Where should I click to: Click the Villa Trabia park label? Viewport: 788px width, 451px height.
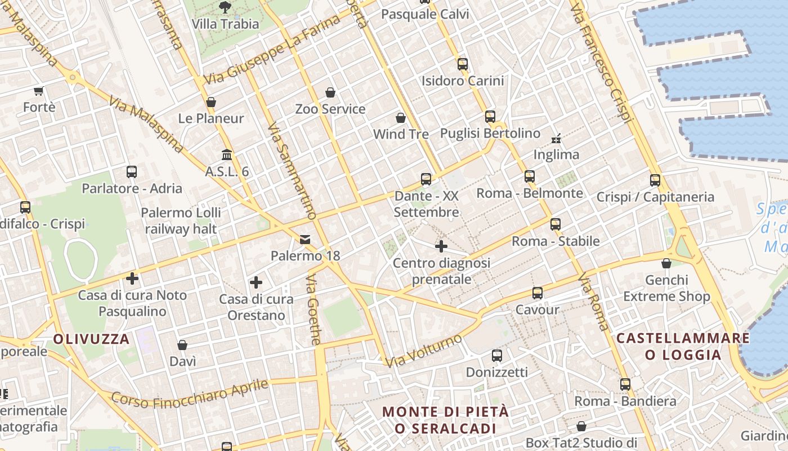(225, 24)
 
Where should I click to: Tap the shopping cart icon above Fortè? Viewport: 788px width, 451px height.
(38, 91)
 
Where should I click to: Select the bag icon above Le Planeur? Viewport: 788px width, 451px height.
(211, 102)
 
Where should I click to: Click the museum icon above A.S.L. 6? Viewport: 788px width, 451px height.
(227, 154)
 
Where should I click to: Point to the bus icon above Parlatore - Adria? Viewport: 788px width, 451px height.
(132, 171)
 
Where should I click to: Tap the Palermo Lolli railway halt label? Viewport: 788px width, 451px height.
(181, 221)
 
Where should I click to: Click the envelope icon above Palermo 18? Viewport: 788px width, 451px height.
(305, 240)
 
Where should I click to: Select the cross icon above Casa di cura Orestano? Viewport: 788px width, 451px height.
(256, 282)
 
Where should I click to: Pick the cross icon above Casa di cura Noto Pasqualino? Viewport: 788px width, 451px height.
(132, 278)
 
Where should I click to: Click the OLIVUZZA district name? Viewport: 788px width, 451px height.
(92, 339)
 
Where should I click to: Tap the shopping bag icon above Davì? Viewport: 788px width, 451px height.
(182, 344)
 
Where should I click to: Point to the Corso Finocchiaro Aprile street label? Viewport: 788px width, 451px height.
(190, 392)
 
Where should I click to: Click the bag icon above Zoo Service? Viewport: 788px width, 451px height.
(330, 92)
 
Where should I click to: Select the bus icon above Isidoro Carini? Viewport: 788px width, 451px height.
(463, 64)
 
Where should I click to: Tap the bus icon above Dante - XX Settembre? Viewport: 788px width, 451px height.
(426, 179)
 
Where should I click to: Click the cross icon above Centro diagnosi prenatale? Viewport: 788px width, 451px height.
(441, 246)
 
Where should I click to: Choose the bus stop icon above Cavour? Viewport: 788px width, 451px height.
(538, 293)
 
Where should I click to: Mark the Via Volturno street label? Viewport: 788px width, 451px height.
(424, 350)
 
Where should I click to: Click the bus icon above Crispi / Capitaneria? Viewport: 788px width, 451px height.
(655, 180)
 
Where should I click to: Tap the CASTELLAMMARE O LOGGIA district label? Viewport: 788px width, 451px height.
(683, 346)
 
